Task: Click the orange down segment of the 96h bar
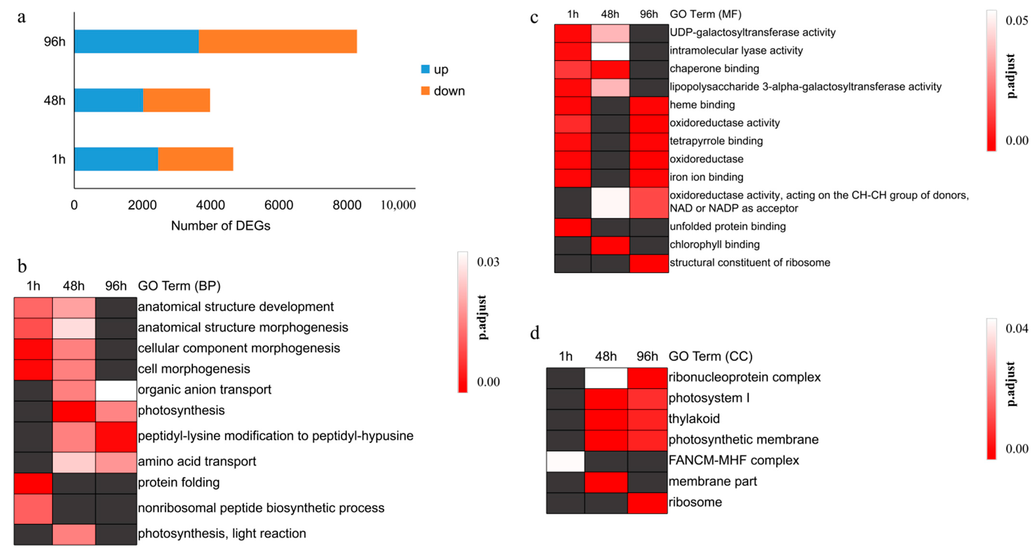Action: click(x=278, y=42)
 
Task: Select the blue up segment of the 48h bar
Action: click(x=109, y=100)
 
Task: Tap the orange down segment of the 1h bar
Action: click(x=195, y=159)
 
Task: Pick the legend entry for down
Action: click(x=442, y=91)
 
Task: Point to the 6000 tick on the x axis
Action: click(x=278, y=205)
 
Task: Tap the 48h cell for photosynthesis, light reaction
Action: click(x=74, y=534)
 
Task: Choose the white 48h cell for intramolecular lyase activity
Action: click(x=610, y=51)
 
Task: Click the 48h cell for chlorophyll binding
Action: click(x=610, y=245)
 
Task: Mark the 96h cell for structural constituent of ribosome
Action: click(x=649, y=263)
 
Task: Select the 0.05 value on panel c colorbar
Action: click(x=1016, y=20)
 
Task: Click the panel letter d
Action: click(x=534, y=333)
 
